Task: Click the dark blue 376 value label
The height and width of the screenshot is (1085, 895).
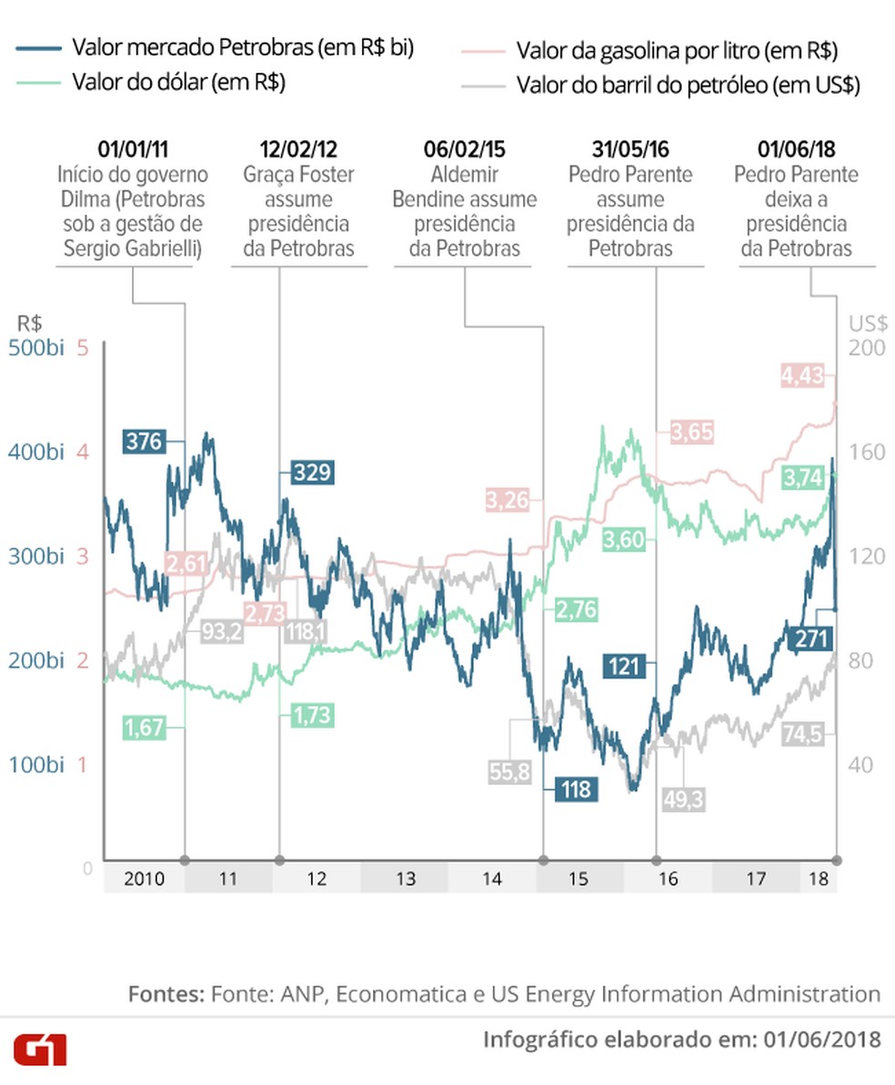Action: coord(144,442)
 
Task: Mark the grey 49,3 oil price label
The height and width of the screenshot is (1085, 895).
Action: coord(685,799)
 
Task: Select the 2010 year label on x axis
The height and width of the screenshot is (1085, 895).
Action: coord(144,879)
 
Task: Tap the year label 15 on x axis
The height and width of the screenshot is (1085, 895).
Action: coord(578,879)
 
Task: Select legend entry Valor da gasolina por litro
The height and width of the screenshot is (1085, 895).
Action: coord(677,50)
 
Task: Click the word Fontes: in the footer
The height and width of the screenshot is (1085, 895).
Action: coord(166,994)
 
